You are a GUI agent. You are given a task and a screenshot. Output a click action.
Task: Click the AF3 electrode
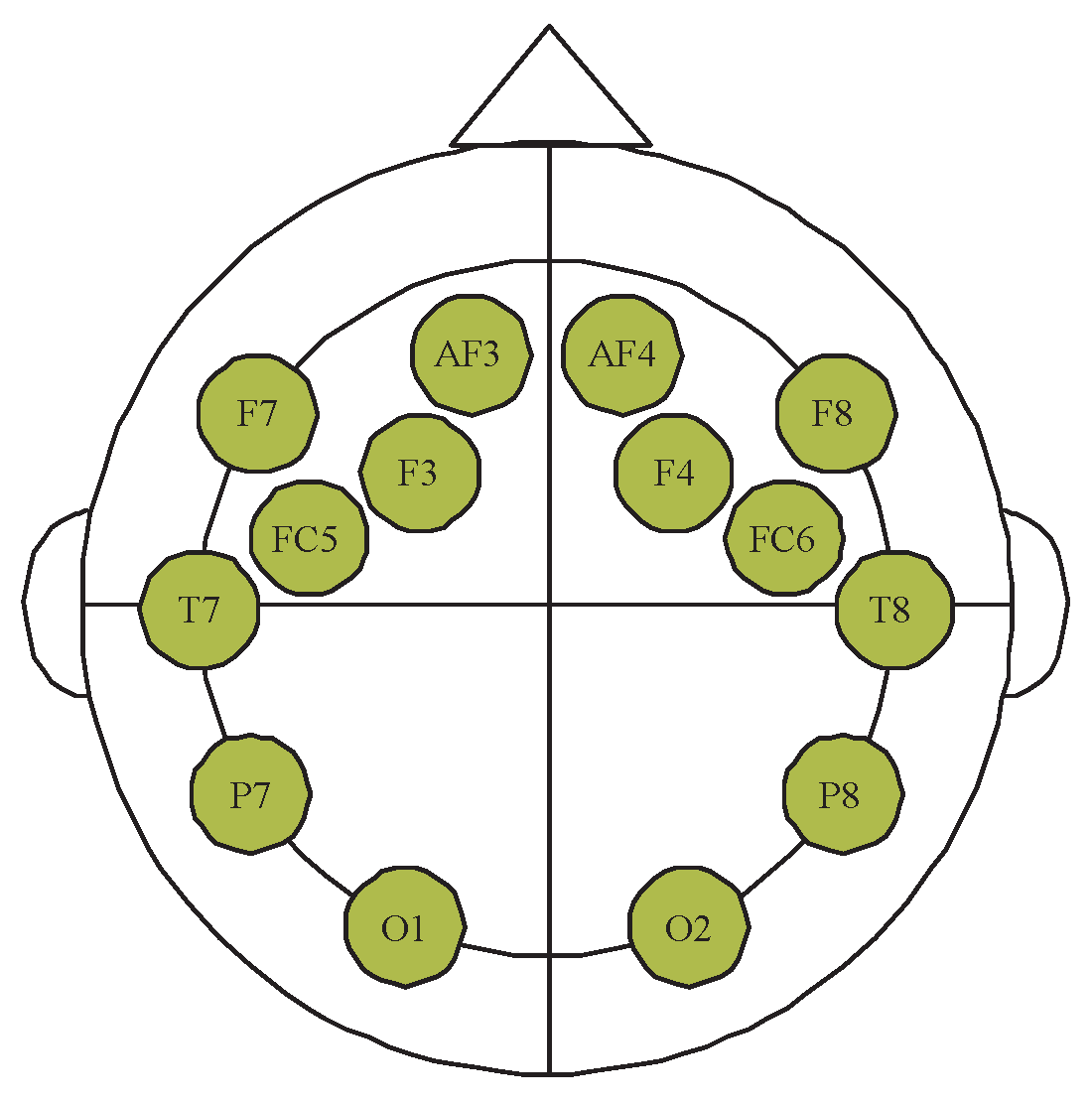tap(472, 354)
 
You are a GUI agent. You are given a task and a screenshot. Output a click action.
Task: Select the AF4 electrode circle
tap(622, 354)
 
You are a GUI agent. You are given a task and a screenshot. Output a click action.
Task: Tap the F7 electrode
tap(258, 413)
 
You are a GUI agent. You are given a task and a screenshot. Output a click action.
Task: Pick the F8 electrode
tap(836, 413)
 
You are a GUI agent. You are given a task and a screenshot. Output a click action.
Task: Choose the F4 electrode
tap(674, 473)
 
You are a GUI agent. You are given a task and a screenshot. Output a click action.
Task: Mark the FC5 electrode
tap(308, 538)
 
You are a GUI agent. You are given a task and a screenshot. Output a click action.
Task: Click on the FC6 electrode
tap(784, 538)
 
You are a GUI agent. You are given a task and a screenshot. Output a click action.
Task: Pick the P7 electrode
tap(251, 794)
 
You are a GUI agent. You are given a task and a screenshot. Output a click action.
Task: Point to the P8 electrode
tap(843, 794)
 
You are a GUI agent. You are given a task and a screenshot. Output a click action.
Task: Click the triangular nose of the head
tap(550, 99)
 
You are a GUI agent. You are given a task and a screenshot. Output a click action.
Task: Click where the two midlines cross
tap(550, 604)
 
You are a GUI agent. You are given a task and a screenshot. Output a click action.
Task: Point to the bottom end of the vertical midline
tap(550, 1072)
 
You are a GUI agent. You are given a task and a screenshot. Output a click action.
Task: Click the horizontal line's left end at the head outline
tap(85, 604)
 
